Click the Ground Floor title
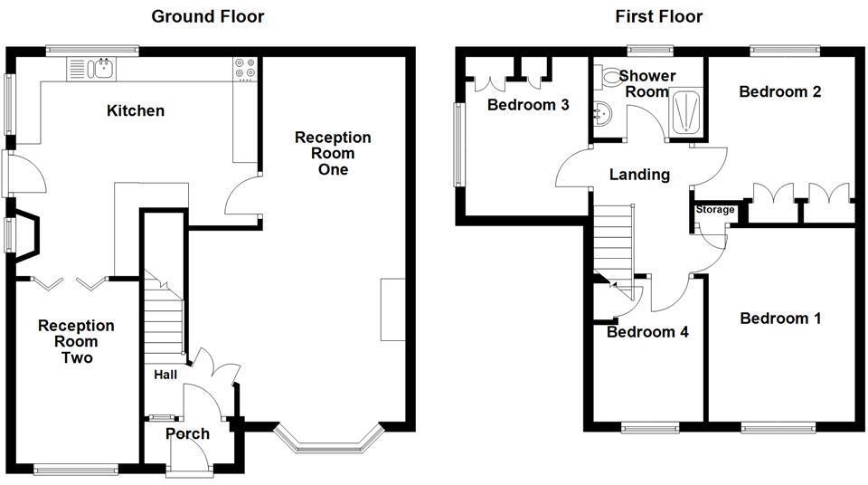click(207, 15)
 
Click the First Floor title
click(658, 15)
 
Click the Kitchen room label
click(136, 111)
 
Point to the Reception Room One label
click(333, 153)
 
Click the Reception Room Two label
click(76, 341)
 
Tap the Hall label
click(165, 375)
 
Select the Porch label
click(187, 433)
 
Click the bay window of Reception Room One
click(326, 441)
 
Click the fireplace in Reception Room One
click(392, 309)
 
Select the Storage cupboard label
click(714, 210)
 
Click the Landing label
click(639, 175)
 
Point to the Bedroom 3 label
click(528, 105)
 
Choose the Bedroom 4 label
click(647, 332)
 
